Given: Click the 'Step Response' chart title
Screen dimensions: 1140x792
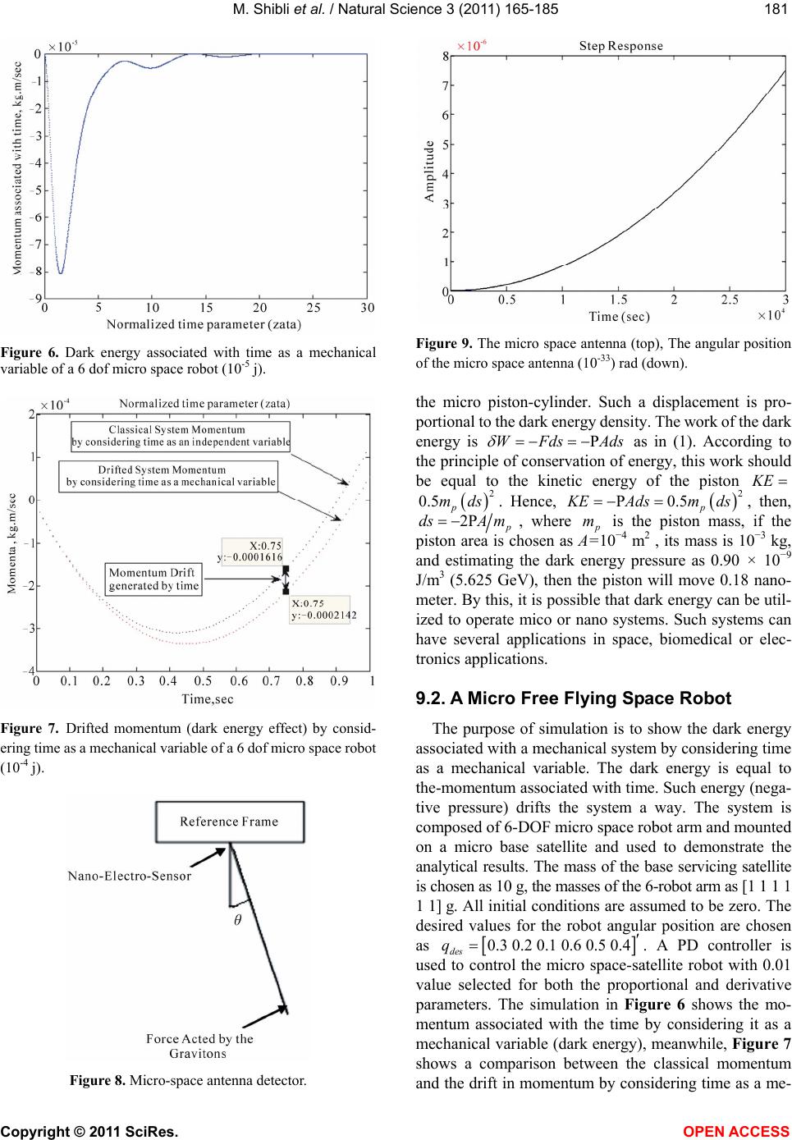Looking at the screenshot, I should [620, 46].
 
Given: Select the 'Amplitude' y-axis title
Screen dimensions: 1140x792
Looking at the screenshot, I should [429, 171].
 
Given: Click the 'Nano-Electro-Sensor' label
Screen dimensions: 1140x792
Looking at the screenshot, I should [129, 875].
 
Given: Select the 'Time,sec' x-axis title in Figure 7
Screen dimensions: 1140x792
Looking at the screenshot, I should [204, 699].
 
